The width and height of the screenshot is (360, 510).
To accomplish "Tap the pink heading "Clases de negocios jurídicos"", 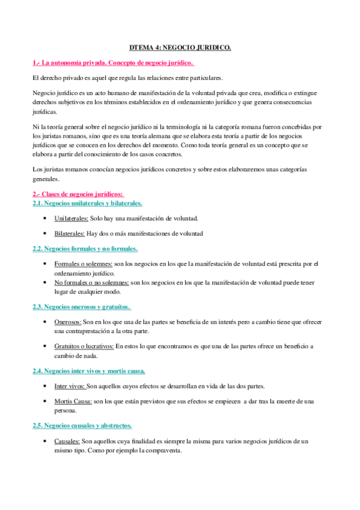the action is click(x=78, y=194).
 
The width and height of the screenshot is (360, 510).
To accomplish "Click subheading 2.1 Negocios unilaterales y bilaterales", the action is click(x=87, y=203).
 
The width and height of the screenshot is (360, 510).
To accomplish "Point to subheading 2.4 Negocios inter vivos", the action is click(x=88, y=370).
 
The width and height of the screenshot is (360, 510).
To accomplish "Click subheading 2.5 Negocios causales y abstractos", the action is click(x=82, y=425).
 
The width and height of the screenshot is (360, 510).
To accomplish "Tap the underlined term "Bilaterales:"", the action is click(x=69, y=233).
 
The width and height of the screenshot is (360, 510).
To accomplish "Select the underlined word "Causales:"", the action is click(x=67, y=441).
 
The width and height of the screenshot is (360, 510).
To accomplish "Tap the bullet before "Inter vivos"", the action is click(x=46, y=386).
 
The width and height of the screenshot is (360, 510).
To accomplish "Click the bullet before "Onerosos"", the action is click(x=46, y=322).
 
